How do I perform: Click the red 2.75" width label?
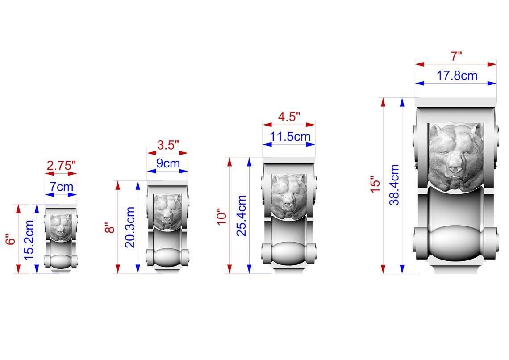pos(61,166)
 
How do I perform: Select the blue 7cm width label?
pos(61,187)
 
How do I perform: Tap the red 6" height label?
pos(11,240)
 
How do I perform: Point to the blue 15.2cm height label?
pos(29,240)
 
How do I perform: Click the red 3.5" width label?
pos(168,145)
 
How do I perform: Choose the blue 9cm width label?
pos(168,163)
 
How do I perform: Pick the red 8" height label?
pos(110,227)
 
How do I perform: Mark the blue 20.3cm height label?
pos(130,227)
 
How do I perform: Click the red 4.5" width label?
pos(289,117)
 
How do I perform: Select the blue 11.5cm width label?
pos(290,137)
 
